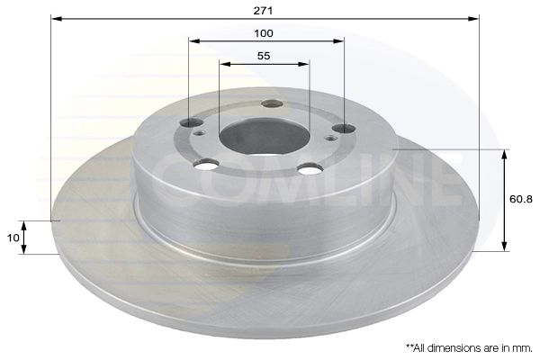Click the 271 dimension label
coord(264,10)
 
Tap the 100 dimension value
coord(264,32)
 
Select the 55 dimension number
coord(264,56)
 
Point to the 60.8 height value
coord(521,200)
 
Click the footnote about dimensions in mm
coord(468,346)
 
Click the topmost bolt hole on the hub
coord(271,103)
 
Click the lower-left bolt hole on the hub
coord(207,164)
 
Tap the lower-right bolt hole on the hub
coord(311,168)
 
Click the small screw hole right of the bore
coord(332,139)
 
